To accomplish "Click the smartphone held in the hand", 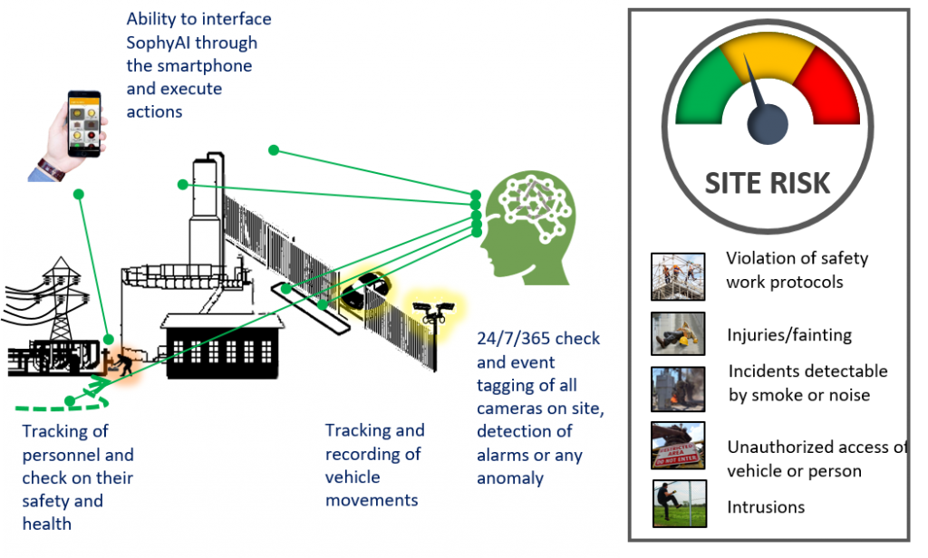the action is coord(84,124).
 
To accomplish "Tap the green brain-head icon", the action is coord(528,227).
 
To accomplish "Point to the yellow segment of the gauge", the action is coord(768,54).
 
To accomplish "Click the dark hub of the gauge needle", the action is coord(768,124).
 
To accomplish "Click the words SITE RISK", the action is coord(768,183).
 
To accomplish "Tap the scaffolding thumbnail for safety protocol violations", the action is coord(678,276).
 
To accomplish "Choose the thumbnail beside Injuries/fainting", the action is coord(678,333).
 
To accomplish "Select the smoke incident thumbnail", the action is coord(678,389).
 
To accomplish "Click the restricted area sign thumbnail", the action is coord(678,445).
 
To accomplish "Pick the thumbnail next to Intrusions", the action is coord(680,503).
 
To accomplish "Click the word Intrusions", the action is coord(766,507).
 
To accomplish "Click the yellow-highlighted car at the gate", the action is coord(366,291).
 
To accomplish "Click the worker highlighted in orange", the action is coord(124,364).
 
